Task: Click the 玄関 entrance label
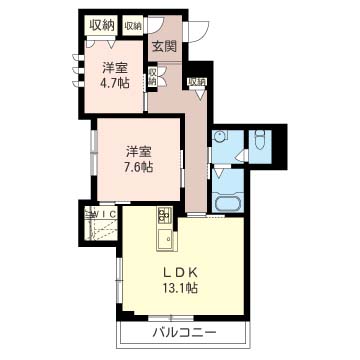point(164,47)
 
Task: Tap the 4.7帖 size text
point(116,82)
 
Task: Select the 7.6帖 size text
point(139,166)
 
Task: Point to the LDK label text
point(180,273)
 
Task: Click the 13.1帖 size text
point(180,287)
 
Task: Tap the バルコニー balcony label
point(185,332)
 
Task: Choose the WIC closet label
point(104,215)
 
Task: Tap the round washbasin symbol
point(220,136)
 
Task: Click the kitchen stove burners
point(164,215)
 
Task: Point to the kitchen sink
point(166,239)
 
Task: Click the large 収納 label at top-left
point(102,25)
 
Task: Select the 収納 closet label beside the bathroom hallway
point(197,82)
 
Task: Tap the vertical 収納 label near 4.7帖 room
point(152,76)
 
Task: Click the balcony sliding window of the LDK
point(171,317)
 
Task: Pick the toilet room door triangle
point(241,156)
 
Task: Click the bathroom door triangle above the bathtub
point(219,173)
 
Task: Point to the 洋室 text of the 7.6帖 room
point(139,152)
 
